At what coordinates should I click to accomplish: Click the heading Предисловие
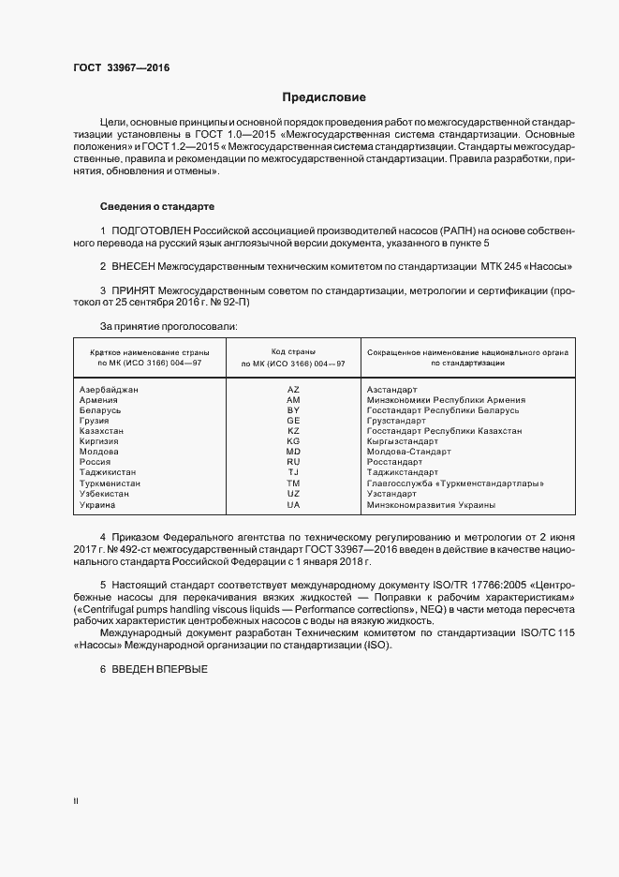click(325, 97)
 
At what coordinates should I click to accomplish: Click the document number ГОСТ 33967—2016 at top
click(122, 68)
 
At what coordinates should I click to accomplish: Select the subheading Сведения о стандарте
click(157, 205)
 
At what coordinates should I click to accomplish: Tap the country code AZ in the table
click(293, 389)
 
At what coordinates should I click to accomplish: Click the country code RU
click(293, 462)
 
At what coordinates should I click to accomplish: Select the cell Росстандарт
click(394, 462)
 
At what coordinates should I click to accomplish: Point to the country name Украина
click(98, 504)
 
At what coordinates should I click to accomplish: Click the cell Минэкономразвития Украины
click(432, 504)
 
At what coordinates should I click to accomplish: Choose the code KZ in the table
click(293, 431)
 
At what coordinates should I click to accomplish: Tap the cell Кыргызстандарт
click(403, 441)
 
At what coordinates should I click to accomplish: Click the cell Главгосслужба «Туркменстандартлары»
click(456, 483)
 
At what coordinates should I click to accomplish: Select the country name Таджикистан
click(109, 472)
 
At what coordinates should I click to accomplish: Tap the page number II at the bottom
click(77, 801)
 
